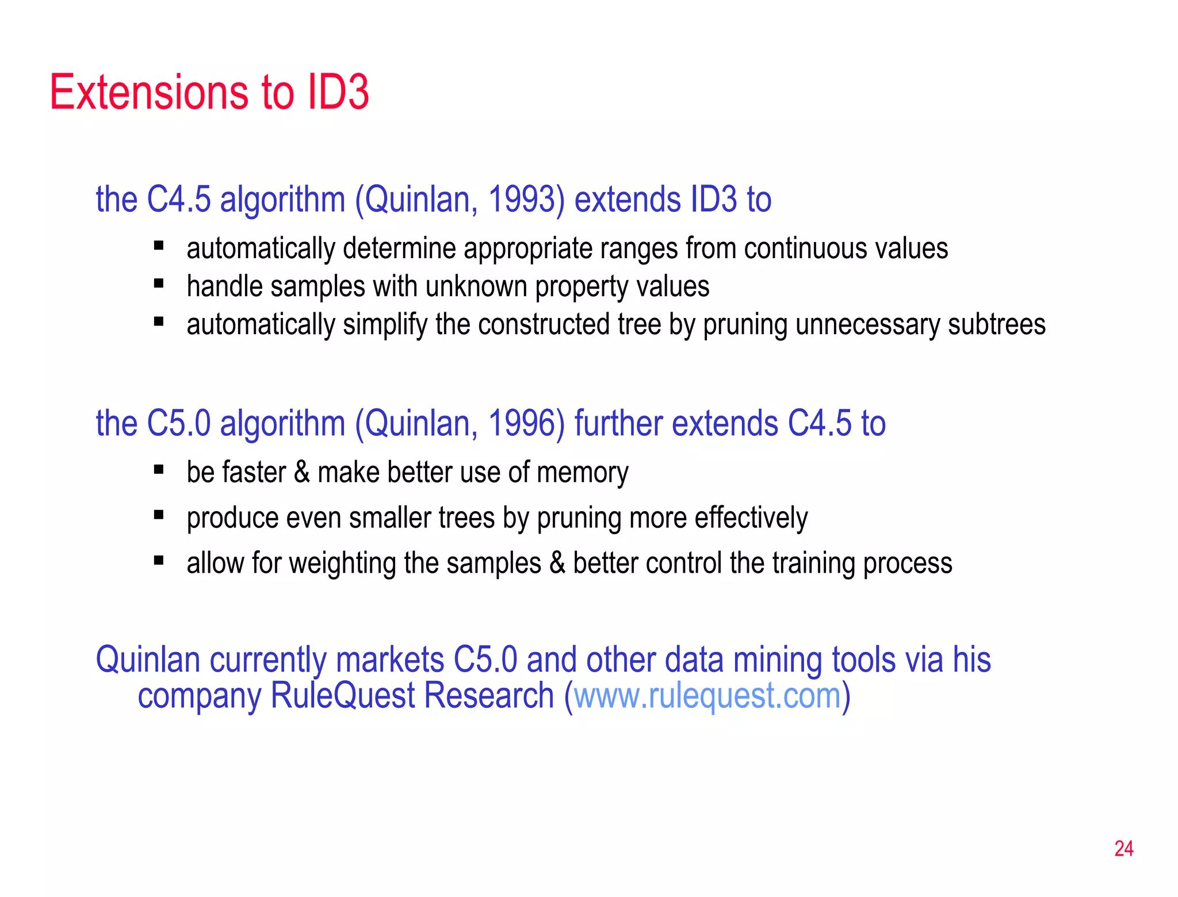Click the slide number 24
(1123, 849)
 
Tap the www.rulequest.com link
(707, 696)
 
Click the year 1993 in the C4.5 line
(521, 200)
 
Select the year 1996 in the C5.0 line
(521, 424)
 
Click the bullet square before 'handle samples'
(159, 283)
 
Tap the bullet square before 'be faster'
(159, 470)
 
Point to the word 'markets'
(390, 660)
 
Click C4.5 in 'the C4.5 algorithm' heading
(179, 200)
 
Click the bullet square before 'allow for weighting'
(159, 560)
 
